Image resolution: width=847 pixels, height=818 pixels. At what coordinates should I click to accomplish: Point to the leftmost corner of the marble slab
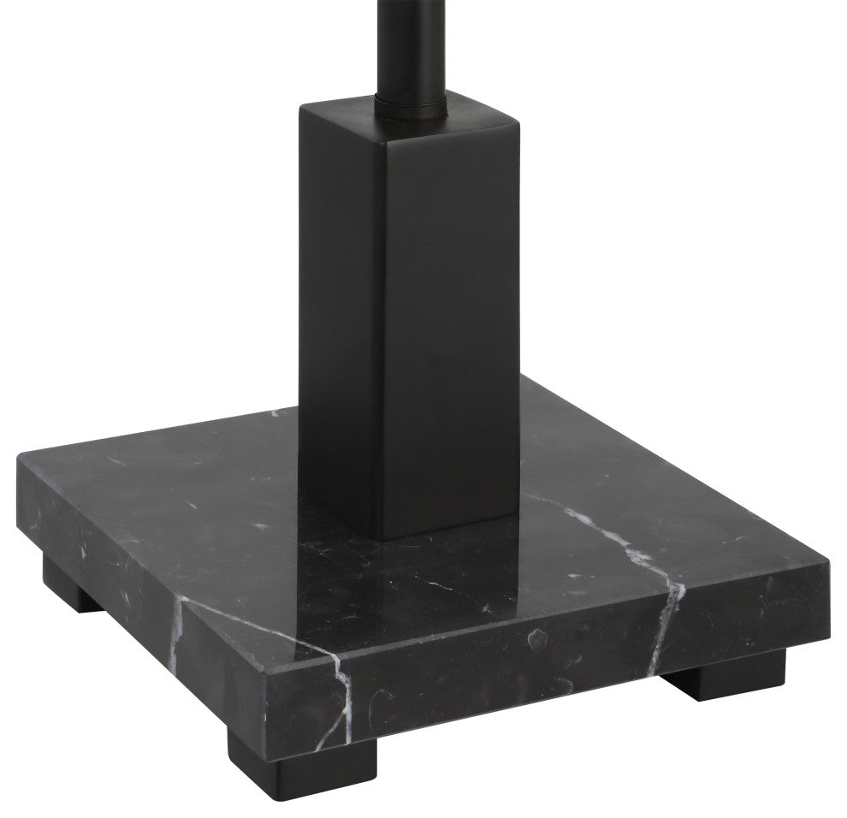[20, 458]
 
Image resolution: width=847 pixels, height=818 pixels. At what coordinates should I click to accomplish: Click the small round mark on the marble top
[537, 637]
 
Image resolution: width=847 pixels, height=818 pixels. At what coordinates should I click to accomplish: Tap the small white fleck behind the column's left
[274, 414]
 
